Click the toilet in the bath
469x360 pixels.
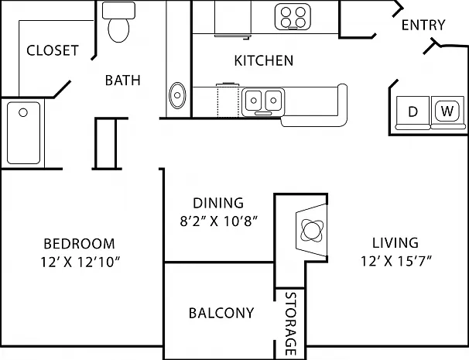pos(118,22)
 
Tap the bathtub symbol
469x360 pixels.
pos(24,133)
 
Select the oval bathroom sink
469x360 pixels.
pos(177,95)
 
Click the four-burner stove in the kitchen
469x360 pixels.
pos(293,17)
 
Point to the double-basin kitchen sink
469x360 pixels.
pos(263,101)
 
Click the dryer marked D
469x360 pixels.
pos(413,112)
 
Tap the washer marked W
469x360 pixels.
pos(447,112)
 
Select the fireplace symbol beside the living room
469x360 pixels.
pos(311,230)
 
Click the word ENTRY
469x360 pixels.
pos(423,25)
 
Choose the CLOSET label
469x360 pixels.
pos(53,50)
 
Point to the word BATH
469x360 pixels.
pos(123,81)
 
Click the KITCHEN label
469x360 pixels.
pos(263,60)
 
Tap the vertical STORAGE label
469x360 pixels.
pos(290,324)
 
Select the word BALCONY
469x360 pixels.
pos(221,313)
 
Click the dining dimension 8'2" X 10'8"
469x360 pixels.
pos(219,221)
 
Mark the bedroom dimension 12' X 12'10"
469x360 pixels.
pos(80,262)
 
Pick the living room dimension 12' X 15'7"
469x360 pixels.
pos(396,261)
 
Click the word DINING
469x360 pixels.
pos(218,203)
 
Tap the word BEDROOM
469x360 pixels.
pos(79,244)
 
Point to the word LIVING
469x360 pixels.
pos(395,242)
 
